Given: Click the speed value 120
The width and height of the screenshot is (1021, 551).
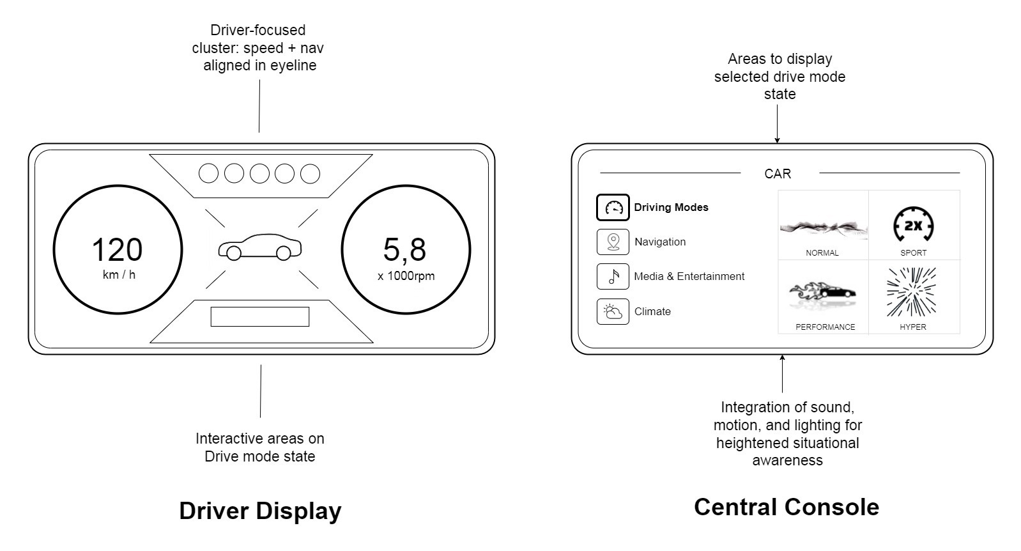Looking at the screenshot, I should [117, 250].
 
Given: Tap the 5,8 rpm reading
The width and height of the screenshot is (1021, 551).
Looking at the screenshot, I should [404, 250].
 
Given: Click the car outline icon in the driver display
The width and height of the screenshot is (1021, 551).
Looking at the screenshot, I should [259, 247].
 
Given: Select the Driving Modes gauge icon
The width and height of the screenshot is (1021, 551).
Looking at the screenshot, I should [613, 208].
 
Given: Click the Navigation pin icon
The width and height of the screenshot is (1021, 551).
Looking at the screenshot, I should [613, 242].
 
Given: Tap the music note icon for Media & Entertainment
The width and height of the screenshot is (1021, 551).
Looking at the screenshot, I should [613, 277].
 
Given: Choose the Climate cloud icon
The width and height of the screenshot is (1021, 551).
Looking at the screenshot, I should [613, 312].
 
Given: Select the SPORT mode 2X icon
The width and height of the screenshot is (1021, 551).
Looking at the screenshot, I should [913, 226].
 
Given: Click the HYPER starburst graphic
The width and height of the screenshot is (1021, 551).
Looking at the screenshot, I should [912, 293].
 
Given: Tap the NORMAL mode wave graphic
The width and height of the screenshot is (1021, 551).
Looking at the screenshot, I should [823, 227].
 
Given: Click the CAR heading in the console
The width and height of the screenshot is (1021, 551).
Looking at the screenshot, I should [778, 174].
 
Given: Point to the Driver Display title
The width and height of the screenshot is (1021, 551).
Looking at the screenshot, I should [260, 511].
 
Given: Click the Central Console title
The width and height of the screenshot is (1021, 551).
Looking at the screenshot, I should [786, 507].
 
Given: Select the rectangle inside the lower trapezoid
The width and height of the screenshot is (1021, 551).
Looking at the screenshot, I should [260, 316].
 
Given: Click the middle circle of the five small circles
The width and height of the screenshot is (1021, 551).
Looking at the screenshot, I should [259, 173].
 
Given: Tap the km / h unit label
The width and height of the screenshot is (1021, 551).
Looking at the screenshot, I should [119, 275].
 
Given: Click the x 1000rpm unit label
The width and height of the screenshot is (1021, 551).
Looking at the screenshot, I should [406, 276].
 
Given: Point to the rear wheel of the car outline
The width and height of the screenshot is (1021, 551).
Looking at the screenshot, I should [234, 254].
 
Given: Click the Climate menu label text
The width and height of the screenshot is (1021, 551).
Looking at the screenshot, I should [652, 312].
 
